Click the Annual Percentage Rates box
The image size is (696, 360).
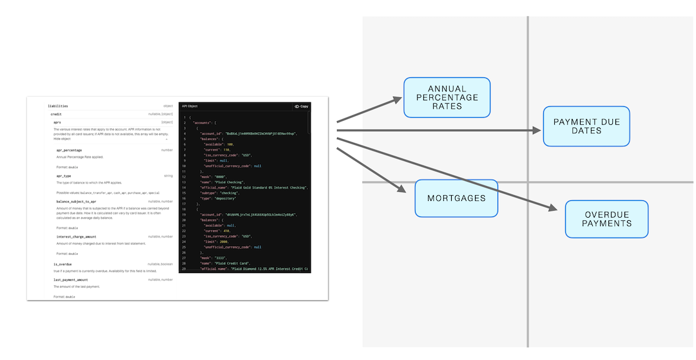pyautogui.click(x=447, y=97)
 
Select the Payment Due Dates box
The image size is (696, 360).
pyautogui.click(x=586, y=126)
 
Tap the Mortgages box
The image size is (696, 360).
pyautogui.click(x=456, y=198)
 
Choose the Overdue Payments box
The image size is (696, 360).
pyautogui.click(x=606, y=218)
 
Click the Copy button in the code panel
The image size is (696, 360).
pyautogui.click(x=301, y=106)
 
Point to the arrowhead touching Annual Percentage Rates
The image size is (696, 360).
pyautogui.click(x=396, y=100)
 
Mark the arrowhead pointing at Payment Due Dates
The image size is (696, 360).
pyautogui.click(x=537, y=130)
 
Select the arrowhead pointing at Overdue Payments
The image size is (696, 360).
pyautogui.click(x=552, y=207)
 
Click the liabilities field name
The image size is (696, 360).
pyautogui.click(x=58, y=106)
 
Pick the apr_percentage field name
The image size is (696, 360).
pyautogui.click(x=69, y=150)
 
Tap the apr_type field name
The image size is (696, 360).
pyautogui.click(x=64, y=176)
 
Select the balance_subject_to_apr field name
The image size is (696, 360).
pyautogui.click(x=76, y=202)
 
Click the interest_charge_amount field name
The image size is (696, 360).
pyautogui.click(x=76, y=236)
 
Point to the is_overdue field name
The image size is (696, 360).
pyautogui.click(x=63, y=264)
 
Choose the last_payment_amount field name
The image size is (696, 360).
pyautogui.click(x=71, y=280)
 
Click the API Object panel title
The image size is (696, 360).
pyautogui.click(x=189, y=106)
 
